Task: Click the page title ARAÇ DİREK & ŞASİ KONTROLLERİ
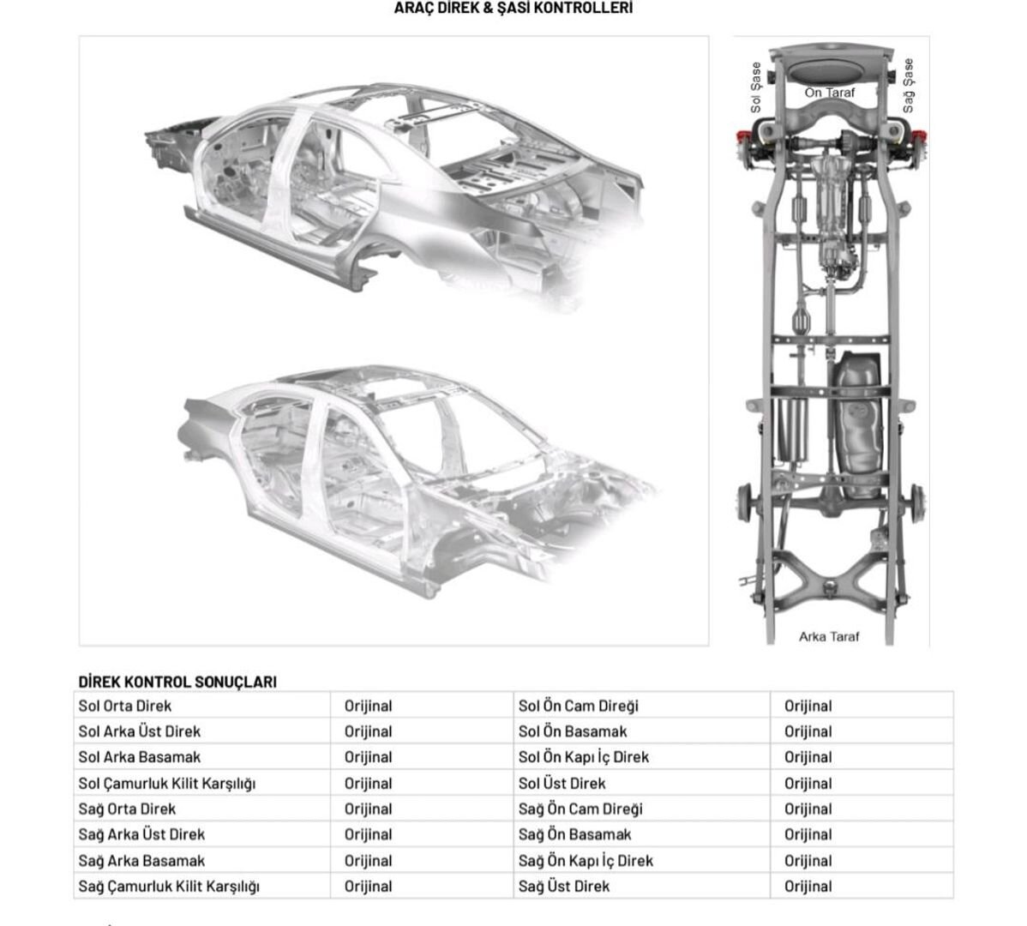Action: click(513, 8)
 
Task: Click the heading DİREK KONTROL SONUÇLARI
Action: click(177, 682)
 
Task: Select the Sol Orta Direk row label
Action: click(124, 706)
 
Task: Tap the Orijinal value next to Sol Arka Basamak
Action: click(368, 757)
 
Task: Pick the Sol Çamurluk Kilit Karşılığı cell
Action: click(167, 783)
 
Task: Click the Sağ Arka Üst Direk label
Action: click(141, 834)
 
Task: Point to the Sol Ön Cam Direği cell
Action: click(579, 706)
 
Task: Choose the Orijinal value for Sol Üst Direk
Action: click(808, 783)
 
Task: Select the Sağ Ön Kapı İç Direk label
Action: click(586, 861)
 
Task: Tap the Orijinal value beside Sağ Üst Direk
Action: click(808, 886)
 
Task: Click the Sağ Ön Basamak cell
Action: click(574, 834)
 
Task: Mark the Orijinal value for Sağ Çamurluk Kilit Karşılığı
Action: click(368, 886)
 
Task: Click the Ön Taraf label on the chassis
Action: click(829, 93)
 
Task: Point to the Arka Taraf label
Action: click(828, 636)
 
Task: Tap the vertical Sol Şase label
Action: click(756, 87)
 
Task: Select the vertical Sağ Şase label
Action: click(908, 85)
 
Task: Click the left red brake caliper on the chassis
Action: click(742, 138)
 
